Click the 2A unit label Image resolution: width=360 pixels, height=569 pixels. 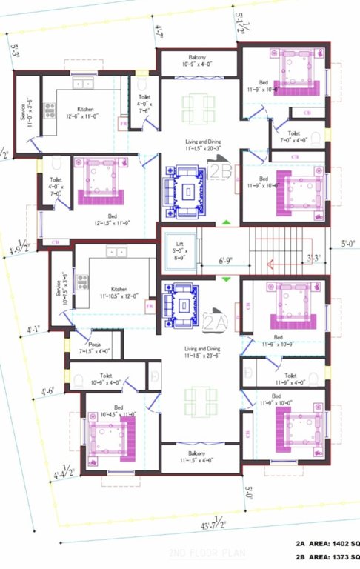point(214,321)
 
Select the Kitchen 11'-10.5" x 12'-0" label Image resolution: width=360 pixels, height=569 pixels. point(119,292)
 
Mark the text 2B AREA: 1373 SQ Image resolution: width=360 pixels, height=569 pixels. point(327,556)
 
